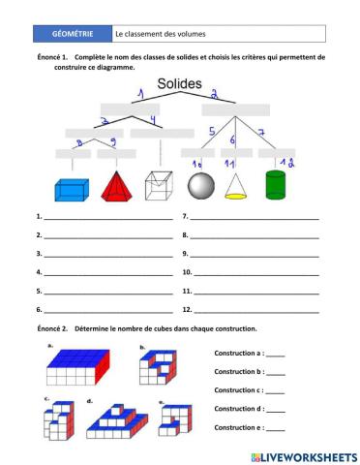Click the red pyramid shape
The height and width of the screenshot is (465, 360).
118,187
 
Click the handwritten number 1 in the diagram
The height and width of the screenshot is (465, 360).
139,94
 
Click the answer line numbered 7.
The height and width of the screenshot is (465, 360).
255,219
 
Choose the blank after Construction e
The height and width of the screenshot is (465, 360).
275,428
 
